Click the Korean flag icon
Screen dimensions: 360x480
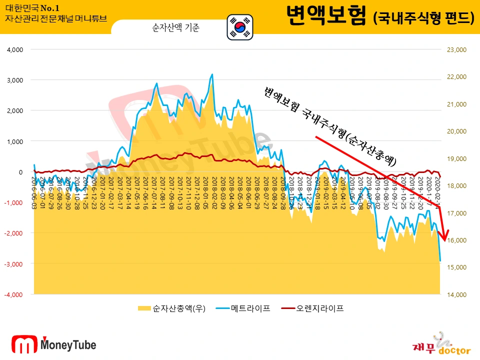coord(240,27)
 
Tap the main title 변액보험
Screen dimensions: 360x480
coord(326,16)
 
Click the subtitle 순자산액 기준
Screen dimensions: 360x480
coord(175,28)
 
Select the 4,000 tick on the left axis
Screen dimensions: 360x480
coord(15,50)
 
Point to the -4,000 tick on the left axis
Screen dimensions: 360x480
coord(14,294)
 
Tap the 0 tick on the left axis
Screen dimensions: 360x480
coord(21,172)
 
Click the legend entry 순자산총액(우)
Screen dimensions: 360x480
coord(170,308)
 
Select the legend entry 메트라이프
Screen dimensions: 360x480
coord(244,308)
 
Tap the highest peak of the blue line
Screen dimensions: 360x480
coord(212,74)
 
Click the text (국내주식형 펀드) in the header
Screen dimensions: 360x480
coord(423,18)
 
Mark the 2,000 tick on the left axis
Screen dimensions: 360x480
coord(15,110)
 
